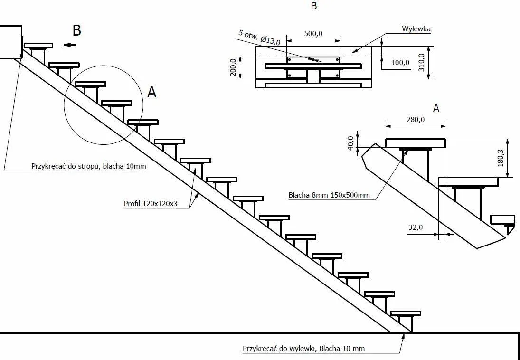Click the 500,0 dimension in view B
pyautogui.click(x=313, y=34)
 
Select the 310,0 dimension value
pyautogui.click(x=421, y=62)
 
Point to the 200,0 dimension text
pyautogui.click(x=233, y=67)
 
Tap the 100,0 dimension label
pyautogui.click(x=400, y=62)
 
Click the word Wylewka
pyautogui.click(x=416, y=29)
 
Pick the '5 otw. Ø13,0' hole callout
pyautogui.click(x=259, y=38)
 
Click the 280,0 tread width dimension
pyautogui.click(x=415, y=120)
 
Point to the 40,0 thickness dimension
pyautogui.click(x=350, y=143)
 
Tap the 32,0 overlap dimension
pyautogui.click(x=415, y=227)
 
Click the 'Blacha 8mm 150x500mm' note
pyautogui.click(x=329, y=195)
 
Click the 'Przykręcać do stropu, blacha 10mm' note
pyautogui.click(x=88, y=166)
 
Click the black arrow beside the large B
pyautogui.click(x=71, y=45)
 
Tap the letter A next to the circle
pyautogui.click(x=151, y=93)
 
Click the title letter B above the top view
pyautogui.click(x=313, y=6)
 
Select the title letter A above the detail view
pyautogui.click(x=436, y=108)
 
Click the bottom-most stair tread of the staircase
pyautogui.click(x=406, y=313)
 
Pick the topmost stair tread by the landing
pyautogui.click(x=38, y=46)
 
